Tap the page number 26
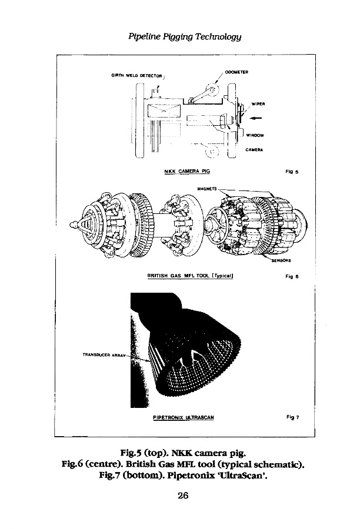[182, 495]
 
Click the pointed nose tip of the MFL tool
[72, 223]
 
